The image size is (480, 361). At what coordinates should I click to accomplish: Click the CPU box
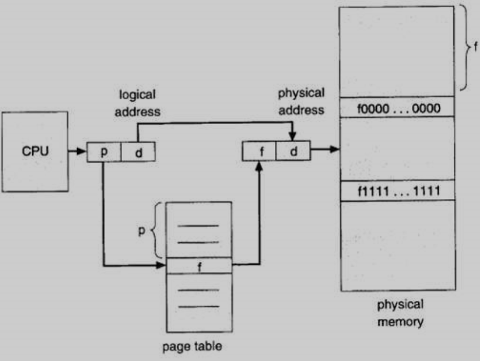35,151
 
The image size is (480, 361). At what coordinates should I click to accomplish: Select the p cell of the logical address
104,152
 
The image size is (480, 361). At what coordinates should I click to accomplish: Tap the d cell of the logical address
138,152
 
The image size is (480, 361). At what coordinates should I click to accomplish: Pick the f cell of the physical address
259,150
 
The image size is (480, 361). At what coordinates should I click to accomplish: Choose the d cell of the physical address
292,150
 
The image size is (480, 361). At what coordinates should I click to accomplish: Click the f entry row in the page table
199,265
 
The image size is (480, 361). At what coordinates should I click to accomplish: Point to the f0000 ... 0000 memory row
397,107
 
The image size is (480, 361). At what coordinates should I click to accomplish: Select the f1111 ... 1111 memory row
397,191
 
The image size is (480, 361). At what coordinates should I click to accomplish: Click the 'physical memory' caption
400,313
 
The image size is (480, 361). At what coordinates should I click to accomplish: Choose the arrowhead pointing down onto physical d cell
292,136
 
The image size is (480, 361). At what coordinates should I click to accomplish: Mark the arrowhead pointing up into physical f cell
259,165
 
